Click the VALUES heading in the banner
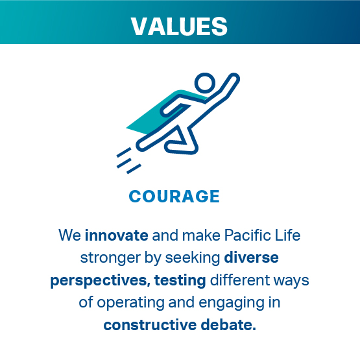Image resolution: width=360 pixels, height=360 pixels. click(179, 27)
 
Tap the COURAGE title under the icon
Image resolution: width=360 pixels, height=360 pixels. click(174, 197)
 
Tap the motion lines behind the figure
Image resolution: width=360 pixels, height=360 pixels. click(128, 161)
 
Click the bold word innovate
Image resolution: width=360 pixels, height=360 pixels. click(116, 235)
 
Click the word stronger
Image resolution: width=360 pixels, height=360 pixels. click(110, 258)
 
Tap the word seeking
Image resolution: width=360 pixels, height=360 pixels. click(193, 258)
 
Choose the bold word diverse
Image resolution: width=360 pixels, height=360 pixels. click(252, 258)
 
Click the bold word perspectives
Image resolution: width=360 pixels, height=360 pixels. click(101, 281)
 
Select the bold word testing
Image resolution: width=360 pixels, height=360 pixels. click(180, 281)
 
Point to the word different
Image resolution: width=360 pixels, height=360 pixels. click(240, 280)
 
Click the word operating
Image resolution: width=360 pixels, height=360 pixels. click(130, 303)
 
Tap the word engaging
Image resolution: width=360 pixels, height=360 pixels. click(232, 303)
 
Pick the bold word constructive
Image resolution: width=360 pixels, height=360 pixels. click(150, 325)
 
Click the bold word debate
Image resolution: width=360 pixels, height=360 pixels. click(228, 325)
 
